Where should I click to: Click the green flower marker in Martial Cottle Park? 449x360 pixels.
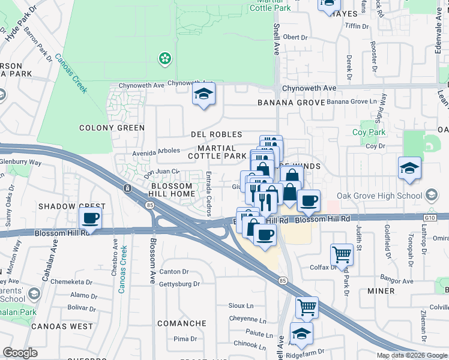(163, 58)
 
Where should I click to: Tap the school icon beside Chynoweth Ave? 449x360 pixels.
(203, 95)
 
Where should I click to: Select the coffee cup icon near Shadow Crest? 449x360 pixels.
(90, 218)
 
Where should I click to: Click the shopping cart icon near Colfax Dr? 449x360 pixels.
(342, 254)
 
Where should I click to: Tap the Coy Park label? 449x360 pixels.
(368, 132)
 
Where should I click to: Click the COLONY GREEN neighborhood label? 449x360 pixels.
(112, 128)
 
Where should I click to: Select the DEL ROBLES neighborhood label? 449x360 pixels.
(216, 135)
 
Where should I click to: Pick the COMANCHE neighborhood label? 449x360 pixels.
(182, 323)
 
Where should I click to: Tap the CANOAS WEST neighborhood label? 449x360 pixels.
(62, 326)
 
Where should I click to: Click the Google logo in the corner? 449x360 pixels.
(20, 353)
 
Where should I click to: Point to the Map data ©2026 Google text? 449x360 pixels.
(412, 355)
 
